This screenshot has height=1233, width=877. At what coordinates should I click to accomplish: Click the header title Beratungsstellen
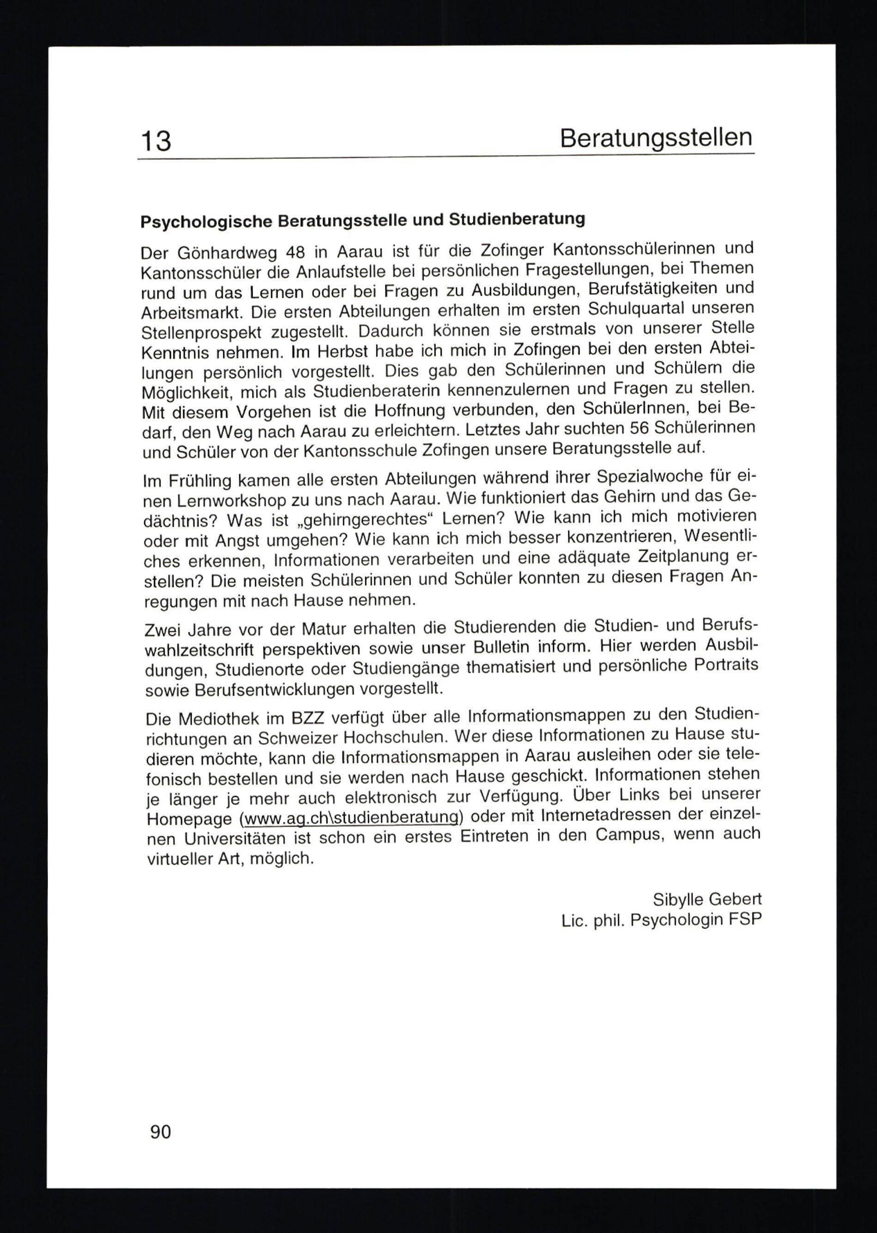(x=656, y=138)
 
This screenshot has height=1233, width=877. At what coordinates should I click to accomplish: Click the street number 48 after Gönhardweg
(x=294, y=252)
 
